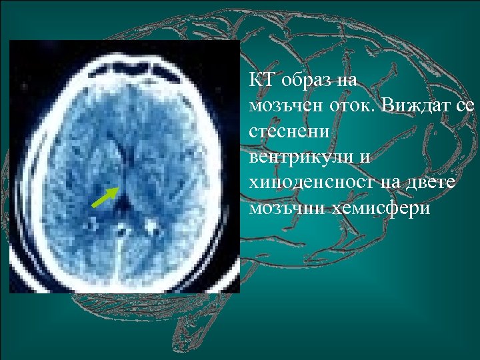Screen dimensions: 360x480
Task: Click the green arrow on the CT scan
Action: (x=105, y=197)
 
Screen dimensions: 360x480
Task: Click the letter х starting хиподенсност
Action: (x=253, y=183)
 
